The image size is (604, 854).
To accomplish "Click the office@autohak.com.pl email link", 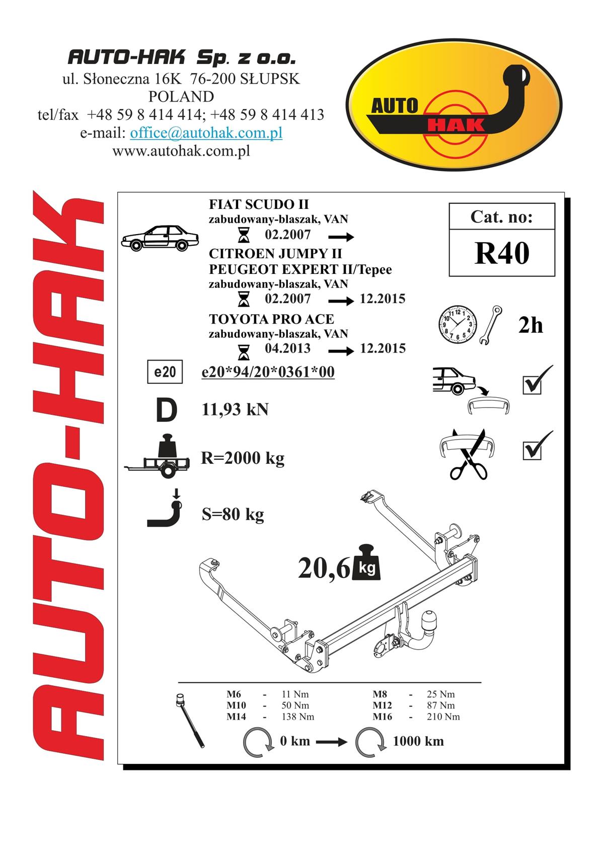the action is [206, 133].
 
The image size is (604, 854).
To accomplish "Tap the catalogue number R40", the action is [502, 253].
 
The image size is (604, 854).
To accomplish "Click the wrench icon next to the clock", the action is [491, 325].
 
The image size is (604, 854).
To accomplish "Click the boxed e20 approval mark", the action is [165, 372].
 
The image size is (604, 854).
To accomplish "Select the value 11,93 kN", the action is [235, 410].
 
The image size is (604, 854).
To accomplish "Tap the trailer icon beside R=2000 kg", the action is [158, 456].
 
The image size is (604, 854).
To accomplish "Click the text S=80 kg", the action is [233, 514].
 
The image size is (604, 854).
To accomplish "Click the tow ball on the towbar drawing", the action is [429, 616].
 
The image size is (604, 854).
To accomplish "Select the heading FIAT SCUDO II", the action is [259, 204].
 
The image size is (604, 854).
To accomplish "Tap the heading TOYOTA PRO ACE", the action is [271, 319].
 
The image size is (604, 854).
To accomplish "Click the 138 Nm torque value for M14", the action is [298, 717].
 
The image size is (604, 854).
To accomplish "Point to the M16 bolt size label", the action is [382, 717].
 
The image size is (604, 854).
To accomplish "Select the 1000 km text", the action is [418, 741].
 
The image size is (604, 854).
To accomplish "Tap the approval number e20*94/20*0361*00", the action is [268, 372].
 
